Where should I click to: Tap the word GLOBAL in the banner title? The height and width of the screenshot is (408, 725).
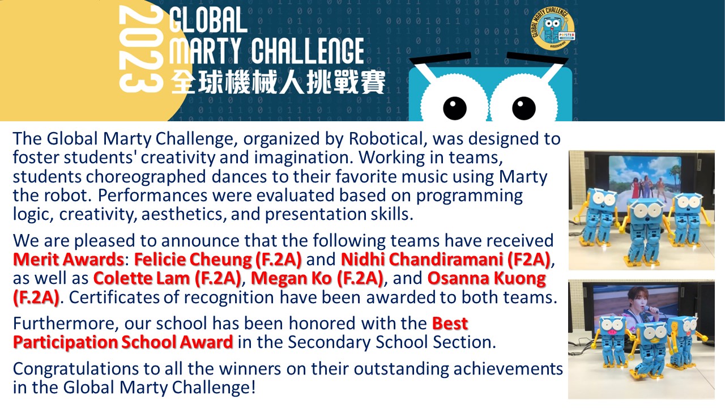tap(208, 20)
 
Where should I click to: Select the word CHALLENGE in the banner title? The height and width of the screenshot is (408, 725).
tap(308, 50)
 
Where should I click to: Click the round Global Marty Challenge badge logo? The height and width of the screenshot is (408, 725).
tap(553, 28)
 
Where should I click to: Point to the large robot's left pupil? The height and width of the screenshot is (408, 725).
tap(454, 108)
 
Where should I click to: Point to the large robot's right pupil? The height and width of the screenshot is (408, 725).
tap(524, 108)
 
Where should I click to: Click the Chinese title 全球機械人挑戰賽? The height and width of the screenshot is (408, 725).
tap(278, 82)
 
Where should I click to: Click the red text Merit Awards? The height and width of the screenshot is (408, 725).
tap(69, 260)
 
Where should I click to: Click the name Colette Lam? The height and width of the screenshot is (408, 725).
tap(142, 278)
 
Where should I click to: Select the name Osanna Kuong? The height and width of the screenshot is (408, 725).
tap(487, 278)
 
